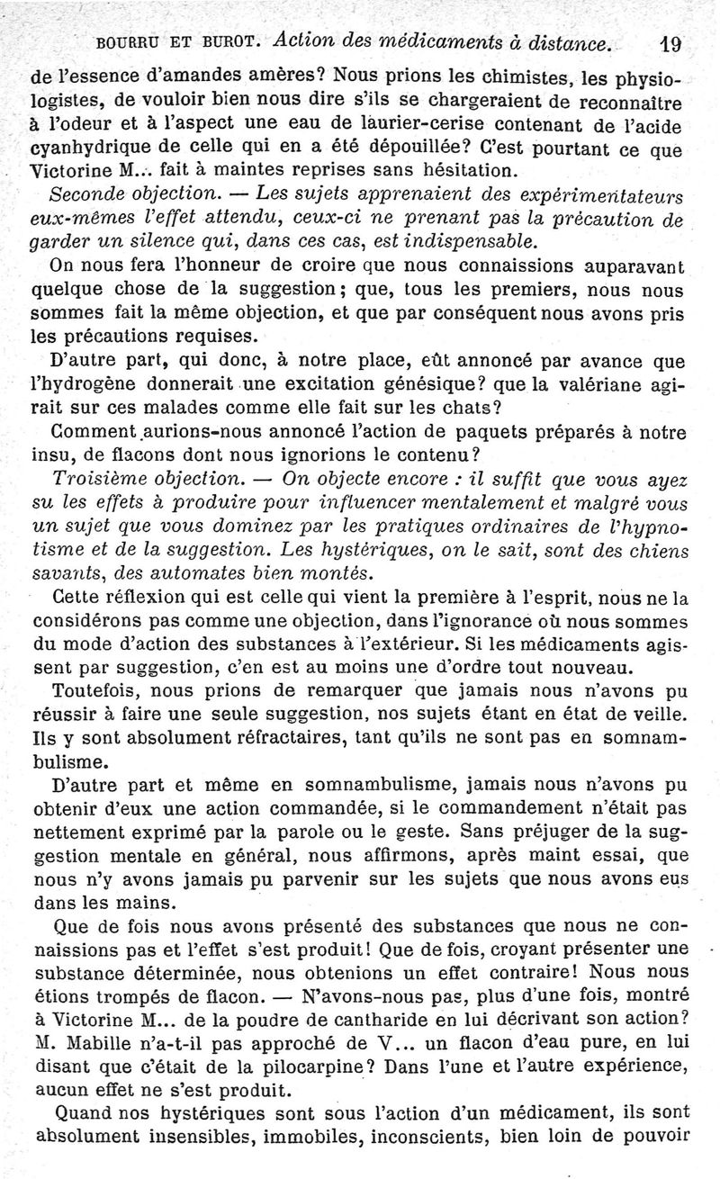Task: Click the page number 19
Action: (x=670, y=42)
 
